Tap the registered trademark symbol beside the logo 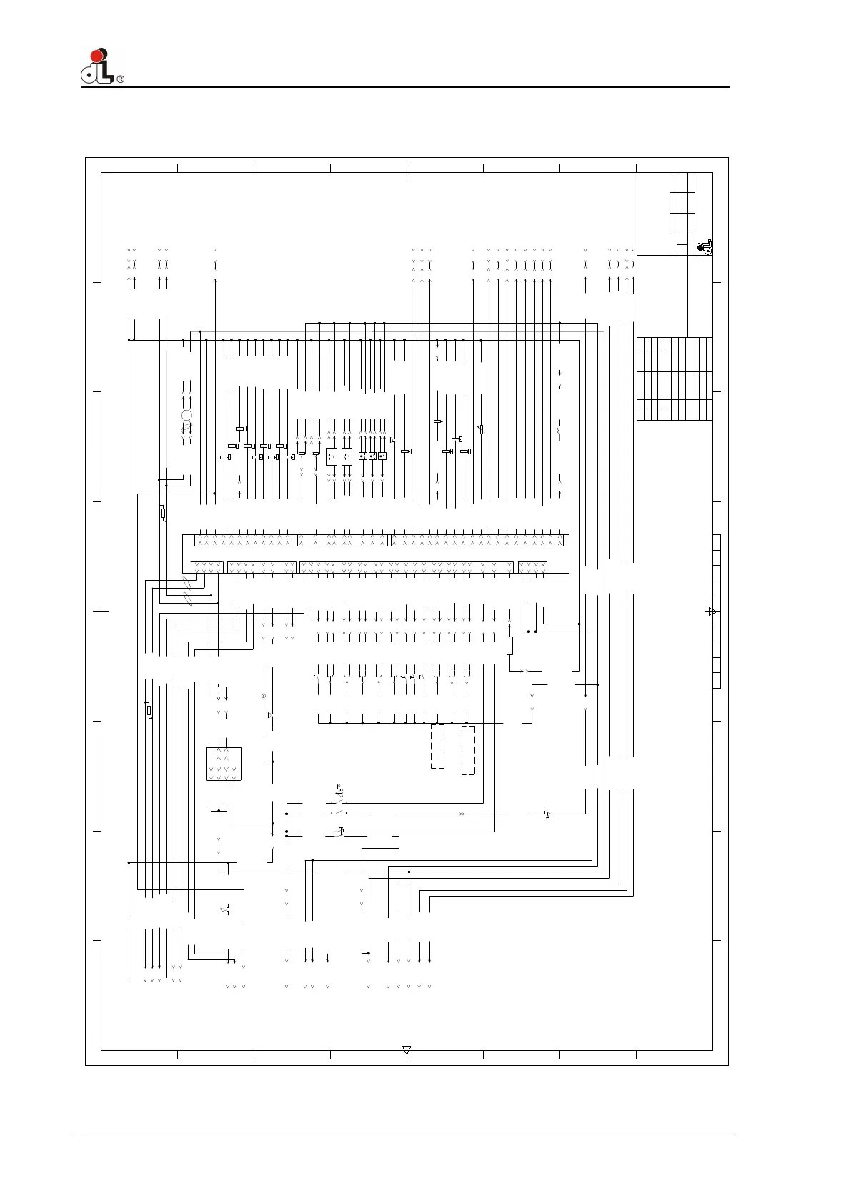tap(121, 79)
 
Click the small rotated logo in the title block tap(705, 246)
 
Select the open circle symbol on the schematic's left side tap(187, 416)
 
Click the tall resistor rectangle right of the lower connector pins tap(509, 646)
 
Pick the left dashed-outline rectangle tap(437, 747)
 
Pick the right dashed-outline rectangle tap(468, 749)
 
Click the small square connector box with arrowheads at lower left tap(224, 764)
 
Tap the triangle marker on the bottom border tap(407, 1050)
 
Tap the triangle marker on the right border tap(711, 612)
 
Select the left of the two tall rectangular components tap(331, 456)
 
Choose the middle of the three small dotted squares tap(372, 456)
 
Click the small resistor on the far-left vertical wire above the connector tap(163, 513)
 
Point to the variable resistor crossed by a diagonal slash tap(482, 429)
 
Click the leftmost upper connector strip tap(243, 541)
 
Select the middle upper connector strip tap(342, 541)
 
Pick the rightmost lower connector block tap(532, 567)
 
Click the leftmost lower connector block tap(207, 567)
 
